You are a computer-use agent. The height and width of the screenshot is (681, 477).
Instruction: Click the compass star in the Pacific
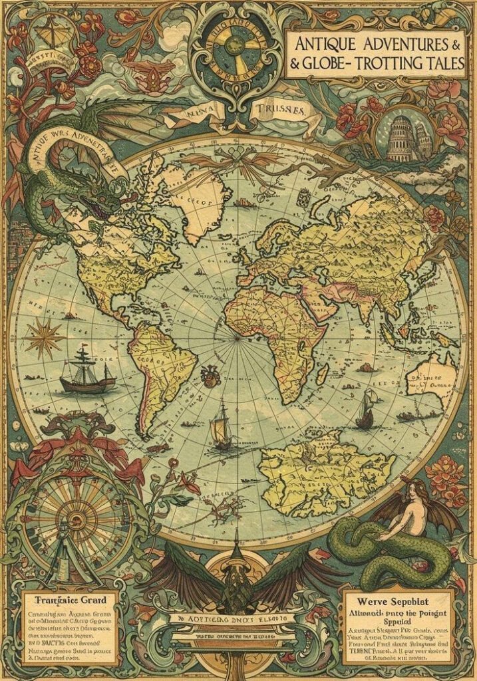pos(44,337)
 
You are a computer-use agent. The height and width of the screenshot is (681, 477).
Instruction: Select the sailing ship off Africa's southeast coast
pos(365,409)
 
